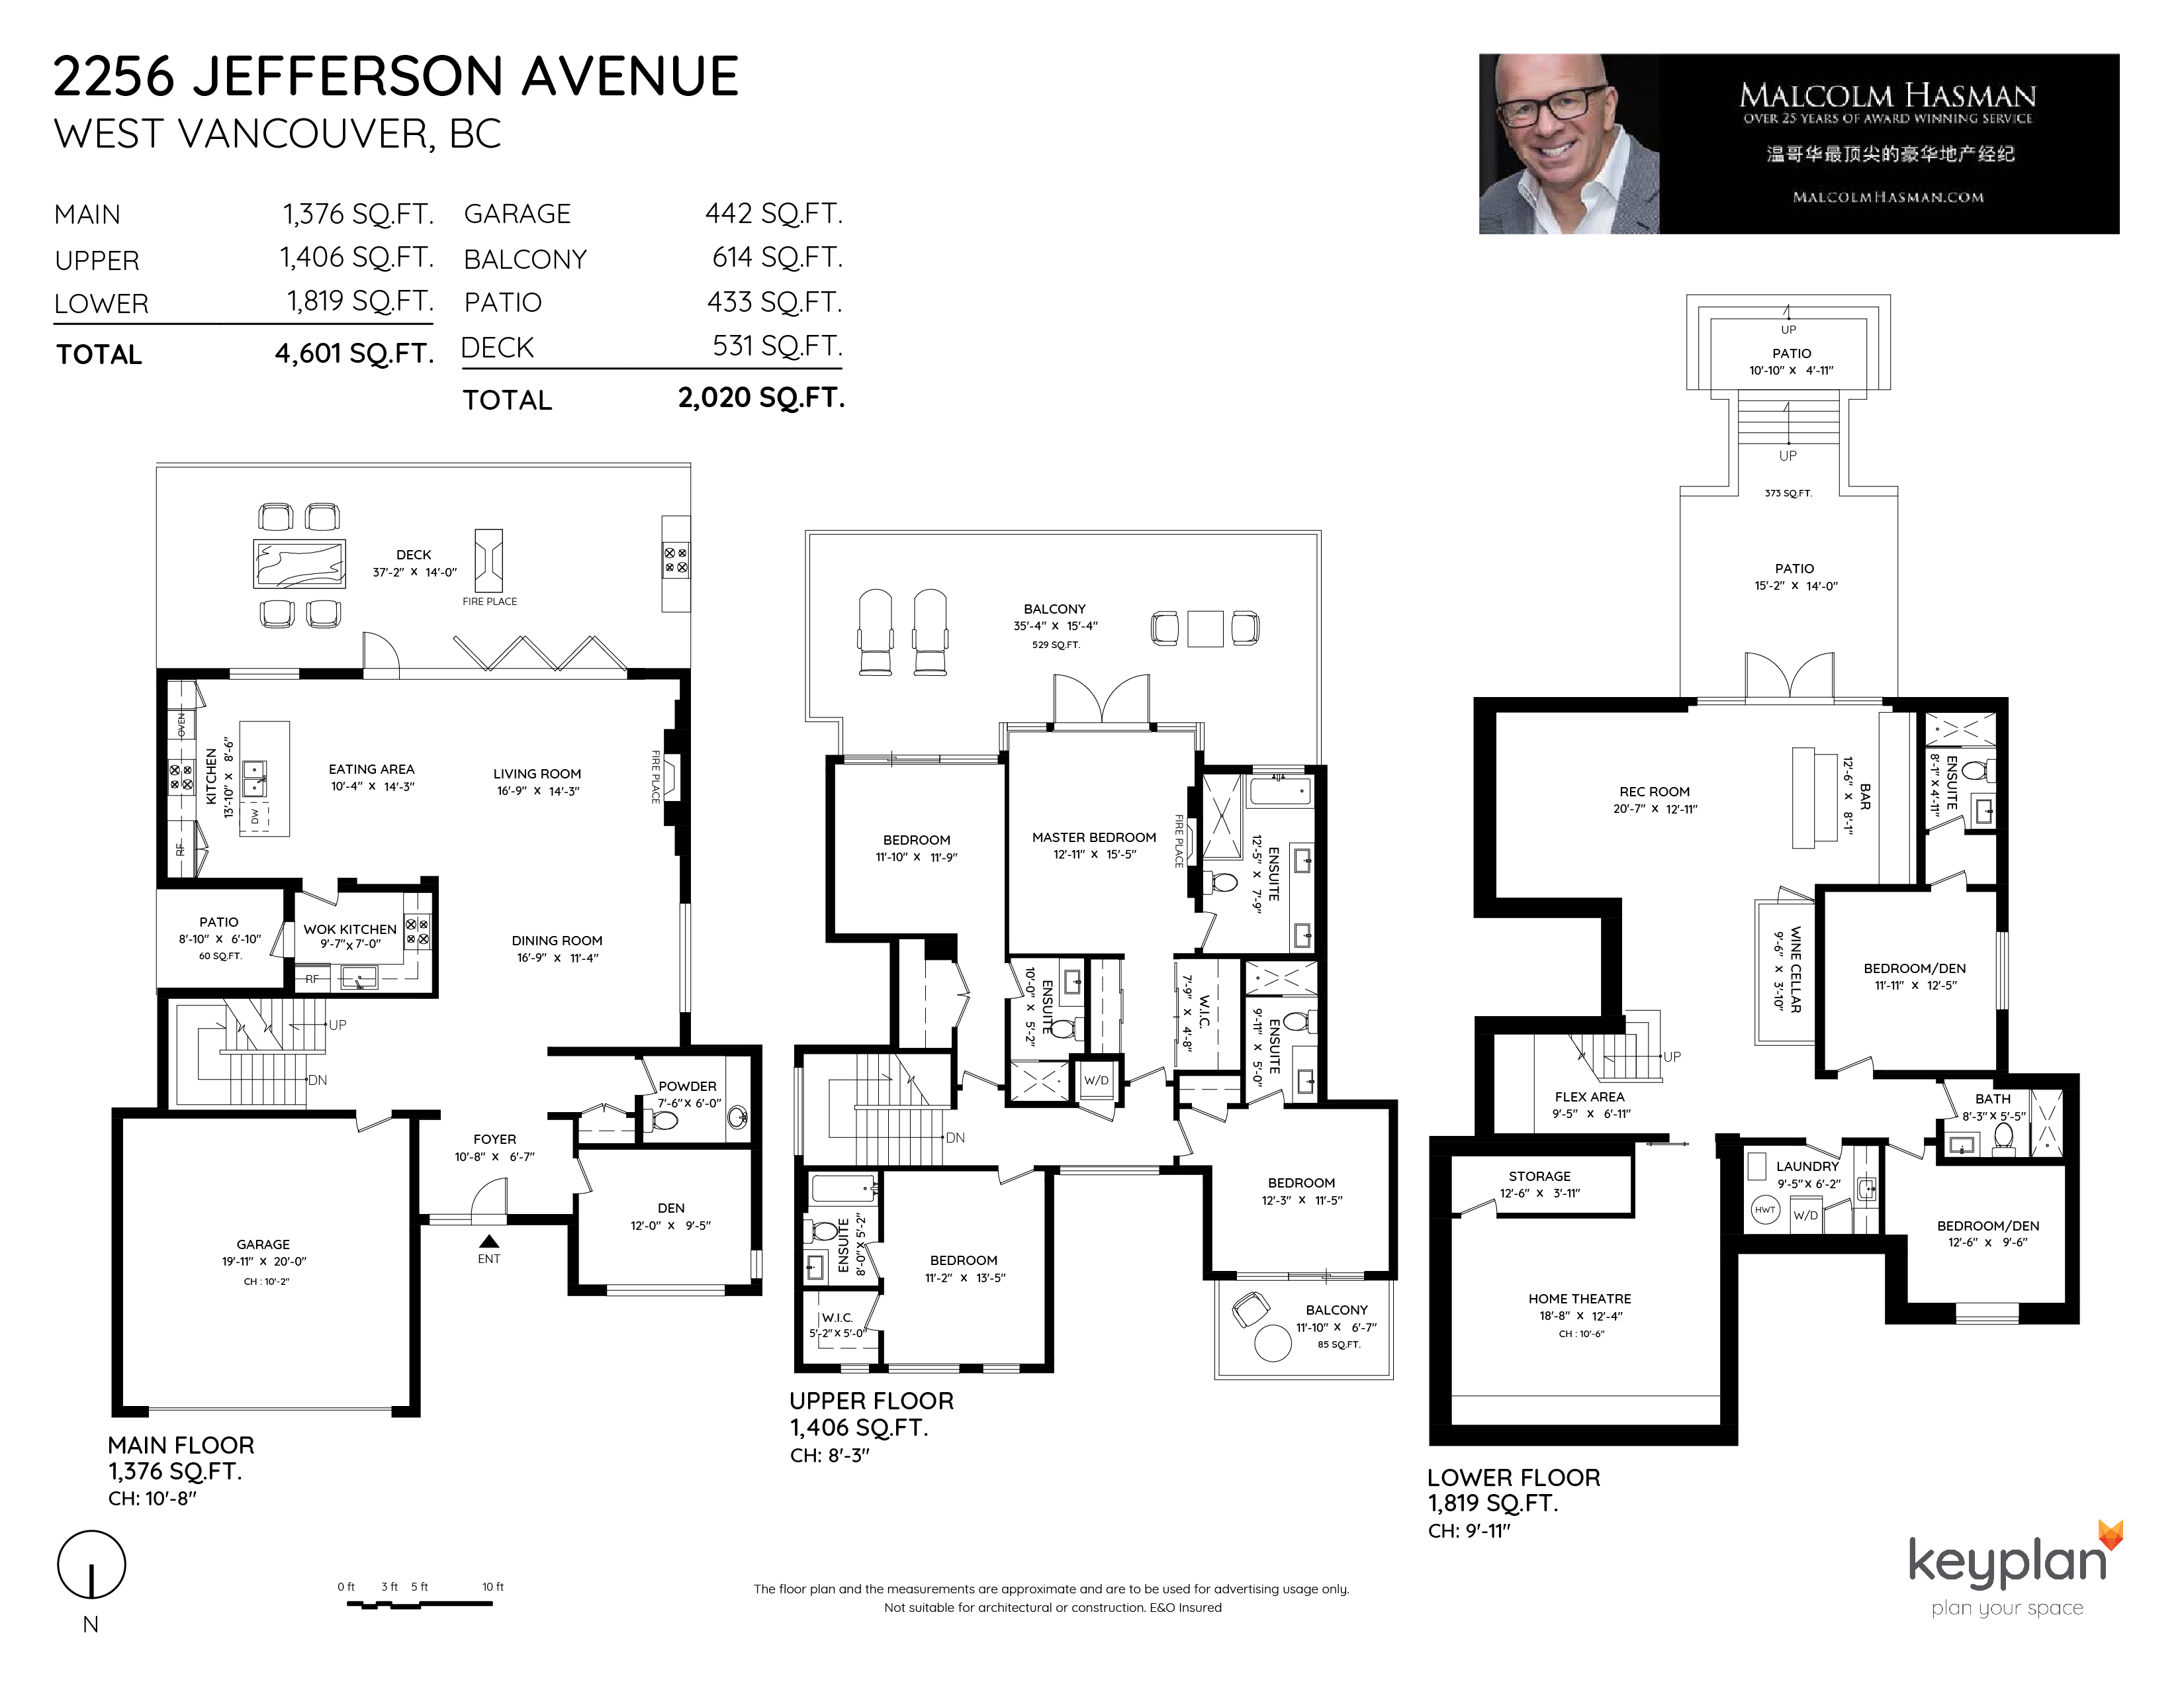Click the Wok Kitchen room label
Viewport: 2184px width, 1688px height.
(350, 929)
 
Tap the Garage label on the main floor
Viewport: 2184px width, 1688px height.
(263, 1244)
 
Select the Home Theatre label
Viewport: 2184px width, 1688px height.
(1579, 1298)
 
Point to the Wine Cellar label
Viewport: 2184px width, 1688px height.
(1795, 969)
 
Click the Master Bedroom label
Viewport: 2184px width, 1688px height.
(1094, 837)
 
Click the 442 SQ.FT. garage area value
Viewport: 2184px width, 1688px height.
(773, 213)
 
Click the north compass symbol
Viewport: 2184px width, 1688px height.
(92, 1566)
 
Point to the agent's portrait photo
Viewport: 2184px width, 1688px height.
(1569, 144)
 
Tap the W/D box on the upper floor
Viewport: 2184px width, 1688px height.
(1096, 1080)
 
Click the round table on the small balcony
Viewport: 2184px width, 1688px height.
(1272, 1343)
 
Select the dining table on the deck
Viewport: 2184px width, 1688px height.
(300, 564)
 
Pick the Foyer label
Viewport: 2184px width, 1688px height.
(495, 1139)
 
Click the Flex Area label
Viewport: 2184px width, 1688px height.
(1590, 1096)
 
